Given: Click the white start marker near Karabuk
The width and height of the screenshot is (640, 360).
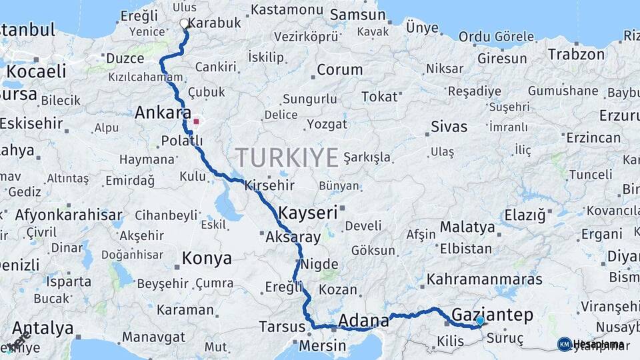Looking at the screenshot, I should (x=185, y=24).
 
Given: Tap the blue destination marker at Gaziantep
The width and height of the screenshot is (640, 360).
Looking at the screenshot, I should (x=480, y=321).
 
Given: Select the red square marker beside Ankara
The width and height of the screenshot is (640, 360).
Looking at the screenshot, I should (x=196, y=122).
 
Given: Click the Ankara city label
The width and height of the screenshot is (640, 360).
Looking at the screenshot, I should (x=163, y=113).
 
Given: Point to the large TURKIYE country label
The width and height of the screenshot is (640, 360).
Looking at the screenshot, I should (x=287, y=158).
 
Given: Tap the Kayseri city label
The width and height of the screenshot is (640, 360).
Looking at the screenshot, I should (x=308, y=213).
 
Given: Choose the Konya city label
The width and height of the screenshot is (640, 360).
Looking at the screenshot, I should (x=207, y=258).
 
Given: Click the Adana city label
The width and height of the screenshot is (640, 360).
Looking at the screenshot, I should (x=363, y=321).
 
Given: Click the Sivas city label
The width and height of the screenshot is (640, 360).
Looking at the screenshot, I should (x=449, y=127).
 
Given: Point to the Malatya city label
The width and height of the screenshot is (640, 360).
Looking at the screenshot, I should (x=467, y=227).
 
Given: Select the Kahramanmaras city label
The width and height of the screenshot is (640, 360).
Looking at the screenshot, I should (x=485, y=279).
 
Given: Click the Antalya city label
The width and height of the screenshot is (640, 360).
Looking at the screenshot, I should (x=43, y=328).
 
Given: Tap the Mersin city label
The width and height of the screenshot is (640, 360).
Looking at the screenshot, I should (x=322, y=346).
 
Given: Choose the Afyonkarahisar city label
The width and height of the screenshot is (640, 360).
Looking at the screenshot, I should (x=69, y=215).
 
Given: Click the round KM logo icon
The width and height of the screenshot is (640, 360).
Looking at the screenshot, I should (x=564, y=344).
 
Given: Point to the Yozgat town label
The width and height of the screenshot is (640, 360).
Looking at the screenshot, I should (x=327, y=124).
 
